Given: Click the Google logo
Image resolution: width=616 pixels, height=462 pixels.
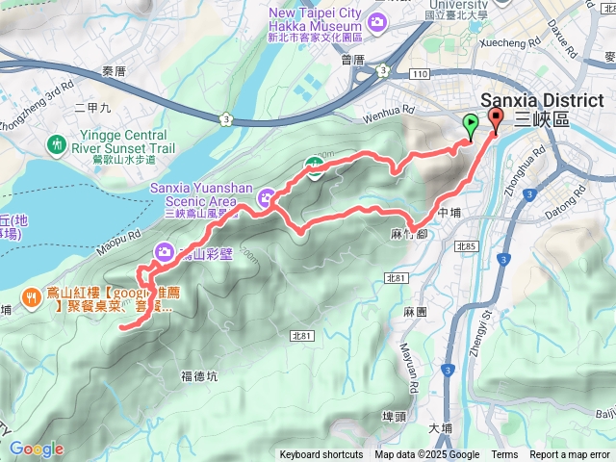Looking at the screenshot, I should point(37,449).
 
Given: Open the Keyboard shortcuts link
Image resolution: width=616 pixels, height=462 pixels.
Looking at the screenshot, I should point(321,455).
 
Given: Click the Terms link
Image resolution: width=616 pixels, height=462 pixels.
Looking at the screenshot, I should point(504,455).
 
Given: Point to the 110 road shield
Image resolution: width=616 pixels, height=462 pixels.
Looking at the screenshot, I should point(418,74).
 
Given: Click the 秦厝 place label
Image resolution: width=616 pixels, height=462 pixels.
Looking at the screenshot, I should point(114,71).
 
